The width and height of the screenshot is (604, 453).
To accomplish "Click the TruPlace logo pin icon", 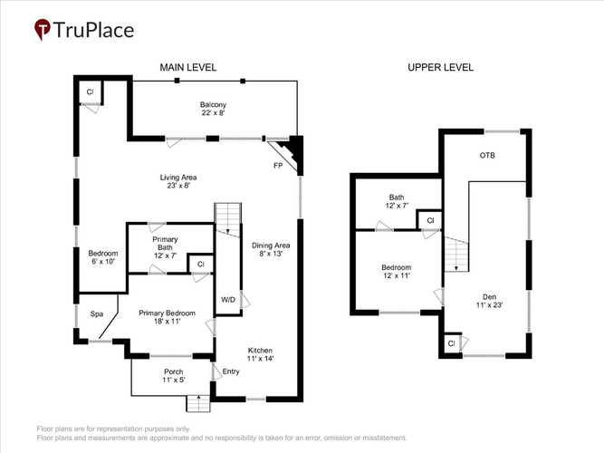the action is point(43,29).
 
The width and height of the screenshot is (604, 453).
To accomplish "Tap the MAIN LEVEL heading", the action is point(188,67).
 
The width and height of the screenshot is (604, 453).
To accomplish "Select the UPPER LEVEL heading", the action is point(440,67).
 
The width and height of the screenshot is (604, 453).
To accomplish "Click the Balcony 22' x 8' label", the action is point(213,109).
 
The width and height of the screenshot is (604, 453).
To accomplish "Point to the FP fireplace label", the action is point(278,166).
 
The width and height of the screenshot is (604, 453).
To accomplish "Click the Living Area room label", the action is point(178,181).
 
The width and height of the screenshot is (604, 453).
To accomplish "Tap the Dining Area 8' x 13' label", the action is point(271,249).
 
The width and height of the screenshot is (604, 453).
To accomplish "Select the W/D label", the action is point(228,300).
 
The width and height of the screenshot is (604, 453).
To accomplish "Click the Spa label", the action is point(97,314).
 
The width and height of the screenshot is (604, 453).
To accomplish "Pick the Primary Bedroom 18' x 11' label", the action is point(167,317).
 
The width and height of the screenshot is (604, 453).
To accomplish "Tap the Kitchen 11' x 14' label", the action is point(260,354).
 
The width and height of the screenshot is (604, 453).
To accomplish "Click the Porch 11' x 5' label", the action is point(174,375).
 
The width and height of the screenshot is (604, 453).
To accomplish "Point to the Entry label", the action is point(231,371).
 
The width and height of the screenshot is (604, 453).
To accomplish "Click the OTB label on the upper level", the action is point(487,155).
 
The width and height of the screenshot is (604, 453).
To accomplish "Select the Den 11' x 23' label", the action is point(490,301).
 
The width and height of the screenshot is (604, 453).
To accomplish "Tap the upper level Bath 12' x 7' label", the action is point(397,201).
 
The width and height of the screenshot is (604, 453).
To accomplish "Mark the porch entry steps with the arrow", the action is point(198,403).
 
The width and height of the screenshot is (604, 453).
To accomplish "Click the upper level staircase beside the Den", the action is point(456,255).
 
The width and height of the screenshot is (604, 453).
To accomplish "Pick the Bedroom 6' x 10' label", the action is point(103,257).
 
